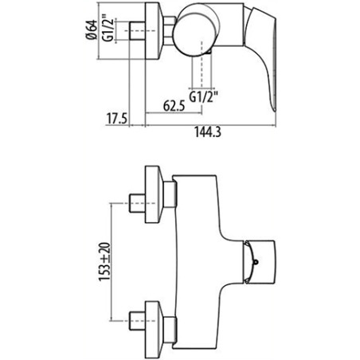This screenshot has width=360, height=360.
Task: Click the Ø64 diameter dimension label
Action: pyautogui.click(x=91, y=29)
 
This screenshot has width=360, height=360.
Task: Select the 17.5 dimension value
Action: pyautogui.click(x=117, y=119)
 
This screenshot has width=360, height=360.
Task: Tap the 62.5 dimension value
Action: pyautogui.click(x=174, y=106)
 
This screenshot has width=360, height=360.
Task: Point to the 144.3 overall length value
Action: pyautogui.click(x=208, y=132)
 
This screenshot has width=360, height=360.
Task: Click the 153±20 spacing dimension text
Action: pyautogui.click(x=104, y=261)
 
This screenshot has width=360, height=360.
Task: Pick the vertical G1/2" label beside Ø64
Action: pyautogui.click(x=108, y=29)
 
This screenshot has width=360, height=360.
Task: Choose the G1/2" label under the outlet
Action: pyautogui.click(x=203, y=96)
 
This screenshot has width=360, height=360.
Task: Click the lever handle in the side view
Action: pyautogui.click(x=261, y=57)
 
